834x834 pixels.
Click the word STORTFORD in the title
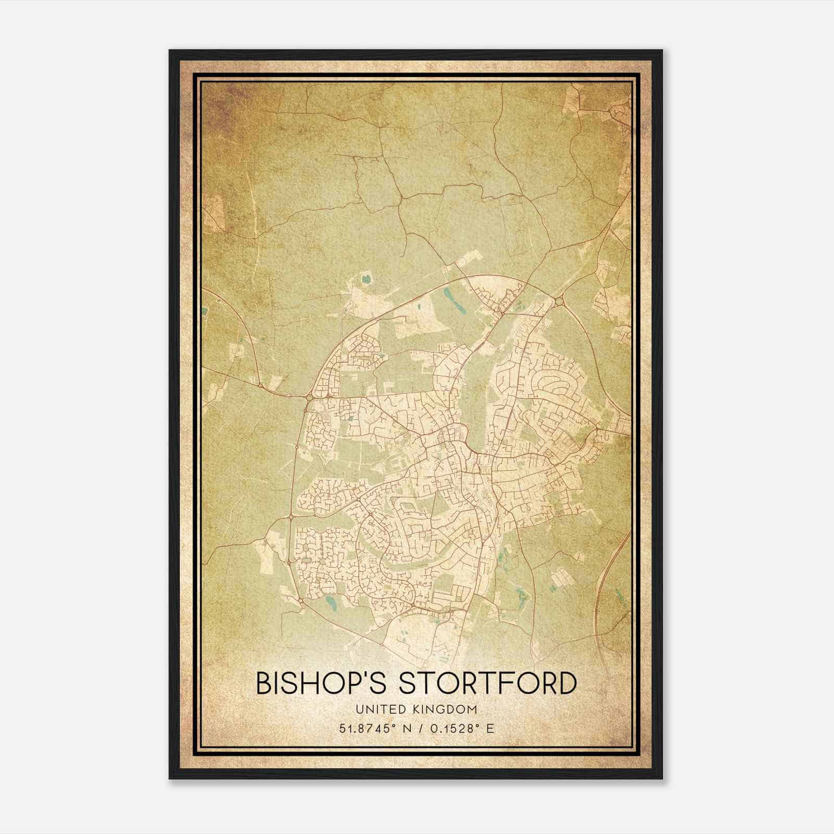click(488, 683)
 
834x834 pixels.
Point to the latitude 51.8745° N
click(373, 729)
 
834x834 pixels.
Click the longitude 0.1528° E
click(461, 729)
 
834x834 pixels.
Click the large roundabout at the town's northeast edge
click(559, 301)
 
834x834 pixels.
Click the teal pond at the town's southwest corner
click(331, 605)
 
